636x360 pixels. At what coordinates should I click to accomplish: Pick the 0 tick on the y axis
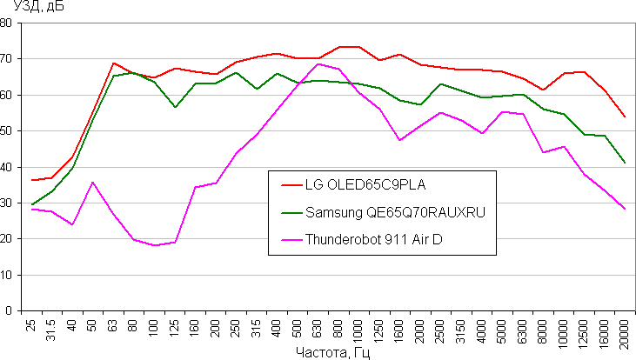point(11,310)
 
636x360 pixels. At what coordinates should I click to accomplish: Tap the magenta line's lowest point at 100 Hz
point(155,245)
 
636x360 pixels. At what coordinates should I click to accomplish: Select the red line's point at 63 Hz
point(114,63)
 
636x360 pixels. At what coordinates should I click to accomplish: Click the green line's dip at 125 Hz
point(176,107)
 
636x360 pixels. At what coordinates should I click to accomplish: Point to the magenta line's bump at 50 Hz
point(93,182)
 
